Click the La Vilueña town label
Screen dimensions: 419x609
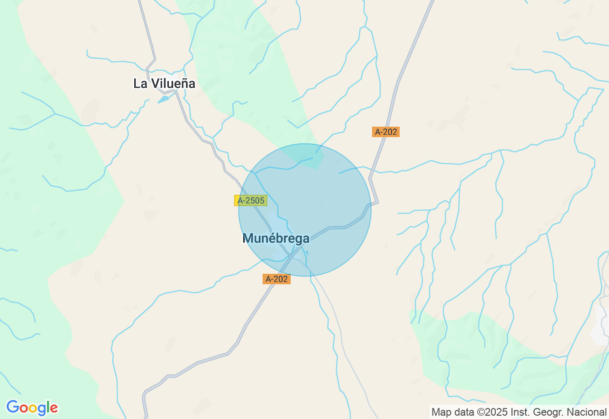[164, 84]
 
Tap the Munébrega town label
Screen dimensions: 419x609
[276, 238]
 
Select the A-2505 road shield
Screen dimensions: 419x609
[251, 200]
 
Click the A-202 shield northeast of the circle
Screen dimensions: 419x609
[386, 132]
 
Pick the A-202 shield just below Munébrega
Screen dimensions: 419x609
[276, 279]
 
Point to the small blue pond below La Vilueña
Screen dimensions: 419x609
[164, 99]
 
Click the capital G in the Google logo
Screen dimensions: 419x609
[13, 408]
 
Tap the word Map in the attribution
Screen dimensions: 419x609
[441, 412]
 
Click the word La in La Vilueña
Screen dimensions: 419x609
[140, 84]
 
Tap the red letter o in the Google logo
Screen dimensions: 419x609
[24, 409]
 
